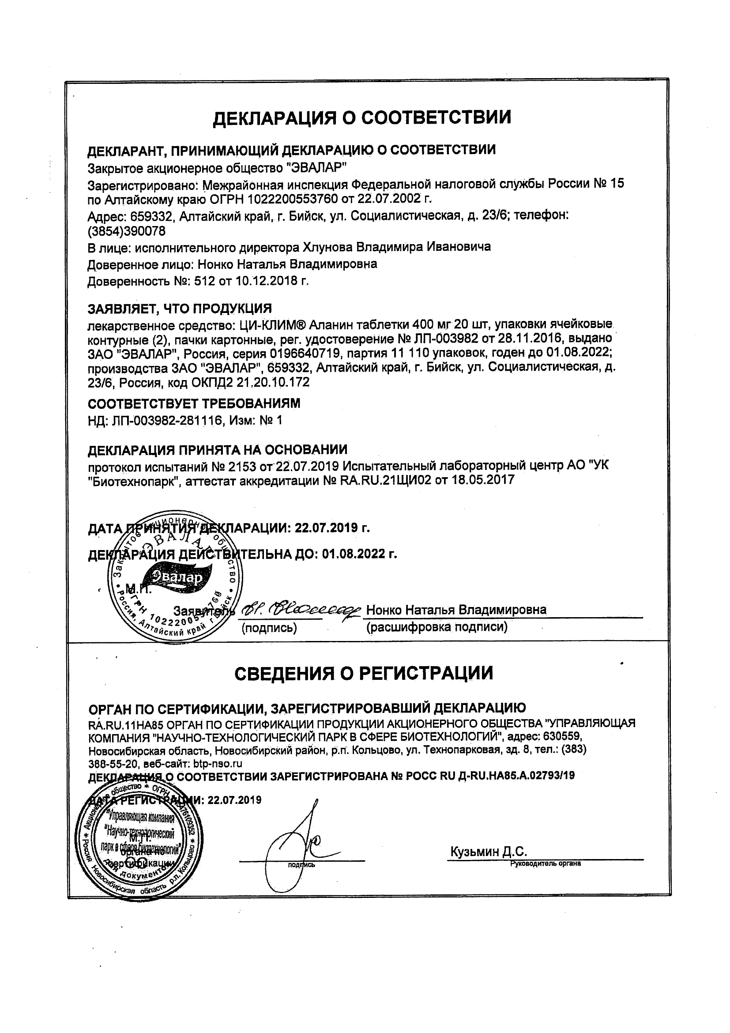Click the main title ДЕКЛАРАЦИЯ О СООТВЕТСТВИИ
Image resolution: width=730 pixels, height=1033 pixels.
tap(361, 118)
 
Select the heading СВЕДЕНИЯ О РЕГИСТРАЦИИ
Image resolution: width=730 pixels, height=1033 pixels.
tap(363, 673)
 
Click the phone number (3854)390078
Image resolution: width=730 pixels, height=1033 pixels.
tap(126, 231)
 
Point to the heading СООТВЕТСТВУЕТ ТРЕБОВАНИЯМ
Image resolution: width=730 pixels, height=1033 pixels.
tap(193, 403)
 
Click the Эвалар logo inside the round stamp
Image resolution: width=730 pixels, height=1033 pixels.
tap(176, 577)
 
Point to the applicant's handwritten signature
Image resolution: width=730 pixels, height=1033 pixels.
tap(301, 610)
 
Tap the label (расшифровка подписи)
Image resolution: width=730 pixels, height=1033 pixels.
tap(437, 627)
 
